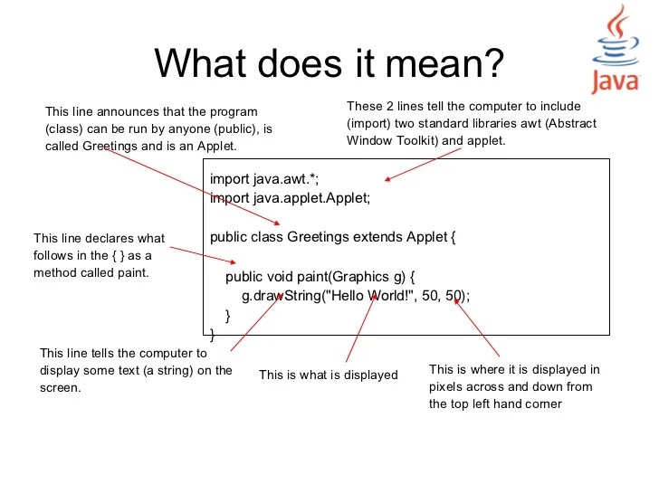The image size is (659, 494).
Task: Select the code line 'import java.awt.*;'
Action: [x=264, y=179]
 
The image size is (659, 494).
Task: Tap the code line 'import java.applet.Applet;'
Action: [x=291, y=198]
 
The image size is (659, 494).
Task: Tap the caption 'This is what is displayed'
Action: [x=329, y=375]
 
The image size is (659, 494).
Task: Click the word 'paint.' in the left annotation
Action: [x=131, y=271]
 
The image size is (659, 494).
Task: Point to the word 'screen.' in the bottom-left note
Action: [x=62, y=387]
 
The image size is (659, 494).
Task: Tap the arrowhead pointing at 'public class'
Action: [x=277, y=223]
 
